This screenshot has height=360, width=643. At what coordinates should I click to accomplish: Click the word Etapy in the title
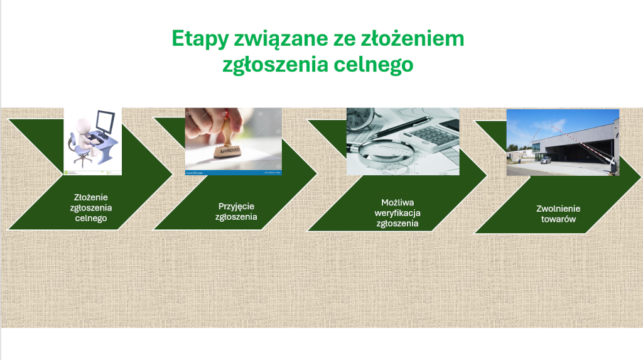[200, 39]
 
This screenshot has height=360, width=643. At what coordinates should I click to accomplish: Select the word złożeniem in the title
[412, 38]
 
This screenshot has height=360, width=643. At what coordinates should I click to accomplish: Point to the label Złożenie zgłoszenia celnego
[91, 208]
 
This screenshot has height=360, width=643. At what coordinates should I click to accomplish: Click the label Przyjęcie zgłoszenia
[236, 211]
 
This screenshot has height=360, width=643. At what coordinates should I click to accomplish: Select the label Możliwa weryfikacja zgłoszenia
[397, 213]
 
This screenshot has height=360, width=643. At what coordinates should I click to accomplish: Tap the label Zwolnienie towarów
[558, 214]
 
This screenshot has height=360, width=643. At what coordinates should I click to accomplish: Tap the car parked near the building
[545, 160]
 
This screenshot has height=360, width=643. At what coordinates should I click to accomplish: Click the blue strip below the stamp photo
[234, 173]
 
